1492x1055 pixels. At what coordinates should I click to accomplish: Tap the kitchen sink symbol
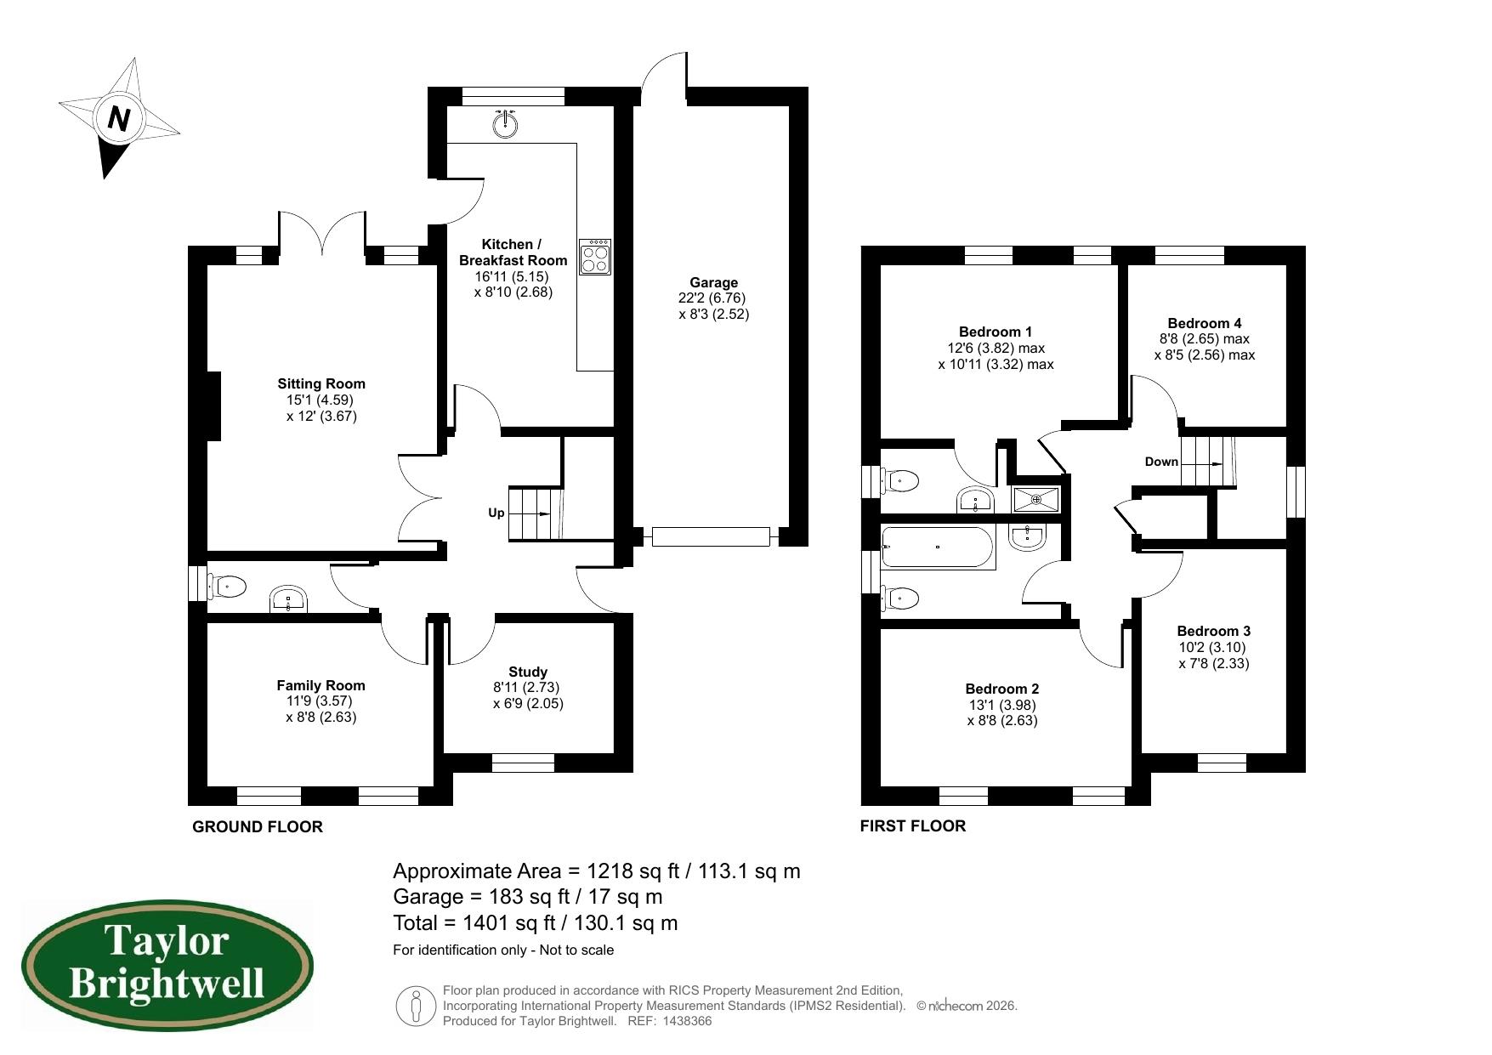[x=505, y=125]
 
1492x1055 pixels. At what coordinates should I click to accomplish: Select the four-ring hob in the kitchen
[x=595, y=257]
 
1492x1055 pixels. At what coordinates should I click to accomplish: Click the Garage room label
[x=713, y=282]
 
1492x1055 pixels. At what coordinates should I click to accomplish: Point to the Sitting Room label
[x=321, y=383]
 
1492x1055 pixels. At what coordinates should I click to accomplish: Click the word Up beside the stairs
[x=496, y=513]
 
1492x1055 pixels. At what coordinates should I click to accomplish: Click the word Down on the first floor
[x=1161, y=462]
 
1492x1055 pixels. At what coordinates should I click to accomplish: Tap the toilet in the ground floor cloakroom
[x=228, y=587]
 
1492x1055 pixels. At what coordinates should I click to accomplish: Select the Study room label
[x=528, y=672]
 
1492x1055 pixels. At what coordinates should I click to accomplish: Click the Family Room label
[x=321, y=685]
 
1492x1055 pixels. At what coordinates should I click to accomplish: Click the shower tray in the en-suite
[x=1036, y=500]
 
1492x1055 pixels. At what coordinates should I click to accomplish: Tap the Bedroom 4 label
[x=1204, y=323]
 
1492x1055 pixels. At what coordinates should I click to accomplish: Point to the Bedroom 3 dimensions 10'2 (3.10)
[x=1213, y=647]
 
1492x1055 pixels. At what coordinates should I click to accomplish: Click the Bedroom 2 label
[x=1001, y=689]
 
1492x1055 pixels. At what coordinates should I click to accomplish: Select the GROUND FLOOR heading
[x=258, y=826]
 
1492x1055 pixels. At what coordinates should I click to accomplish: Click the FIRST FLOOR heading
[x=912, y=825]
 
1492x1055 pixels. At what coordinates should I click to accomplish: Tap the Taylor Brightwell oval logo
[x=167, y=967]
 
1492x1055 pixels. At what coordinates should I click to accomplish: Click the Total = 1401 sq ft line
[x=536, y=922]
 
